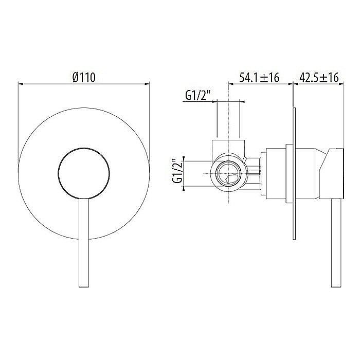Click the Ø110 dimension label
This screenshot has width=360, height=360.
(84, 77)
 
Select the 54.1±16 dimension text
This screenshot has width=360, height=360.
(259, 78)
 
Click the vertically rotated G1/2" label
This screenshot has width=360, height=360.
(177, 172)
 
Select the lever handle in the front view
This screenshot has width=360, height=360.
(83, 242)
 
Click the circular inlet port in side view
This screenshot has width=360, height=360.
(227, 173)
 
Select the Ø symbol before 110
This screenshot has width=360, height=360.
(76, 77)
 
